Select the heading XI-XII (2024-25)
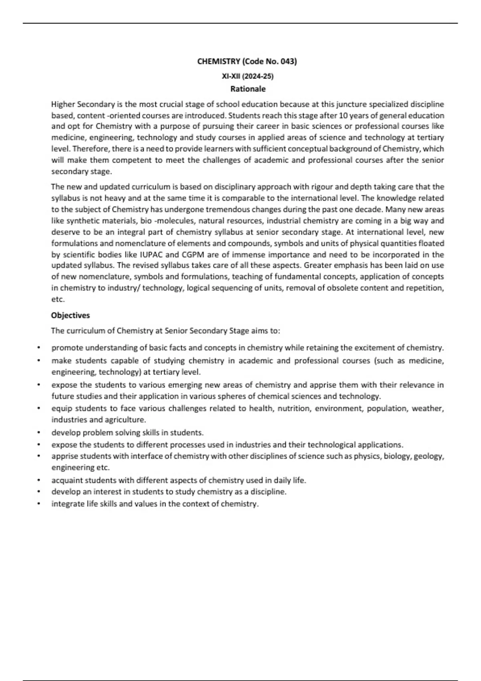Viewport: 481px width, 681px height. (x=248, y=76)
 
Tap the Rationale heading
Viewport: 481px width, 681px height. (x=248, y=89)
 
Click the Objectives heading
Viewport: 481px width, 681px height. (x=71, y=315)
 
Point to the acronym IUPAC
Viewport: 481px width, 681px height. (x=152, y=254)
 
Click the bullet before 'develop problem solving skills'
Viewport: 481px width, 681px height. (x=38, y=433)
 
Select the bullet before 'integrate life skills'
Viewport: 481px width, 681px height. (x=38, y=504)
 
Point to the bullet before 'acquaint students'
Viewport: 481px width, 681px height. (x=38, y=480)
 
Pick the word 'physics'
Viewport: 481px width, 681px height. (x=366, y=456)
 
